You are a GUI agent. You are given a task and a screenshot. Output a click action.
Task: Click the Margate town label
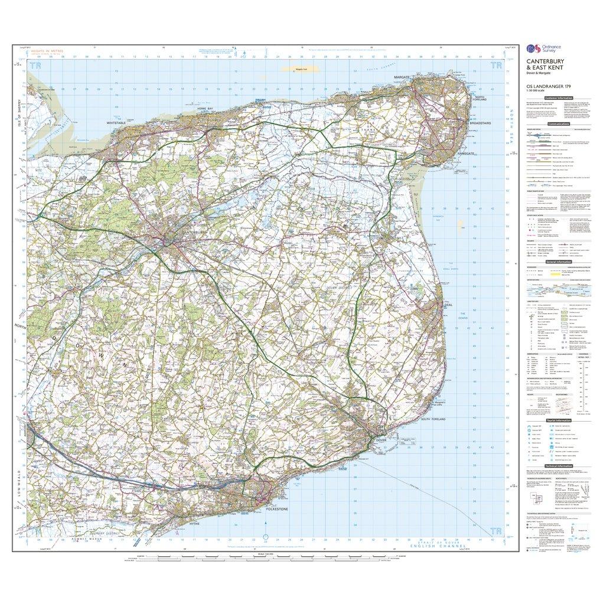pos(403,77)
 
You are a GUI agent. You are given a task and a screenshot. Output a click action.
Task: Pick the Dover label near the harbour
pos(380,440)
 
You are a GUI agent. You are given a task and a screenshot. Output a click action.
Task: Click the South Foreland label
pos(433,419)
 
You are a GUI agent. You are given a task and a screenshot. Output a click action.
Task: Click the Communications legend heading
pos(558,124)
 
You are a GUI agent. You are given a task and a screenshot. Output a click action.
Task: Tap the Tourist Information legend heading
pos(558,420)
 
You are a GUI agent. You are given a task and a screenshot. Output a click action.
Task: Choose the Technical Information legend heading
pos(558,466)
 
